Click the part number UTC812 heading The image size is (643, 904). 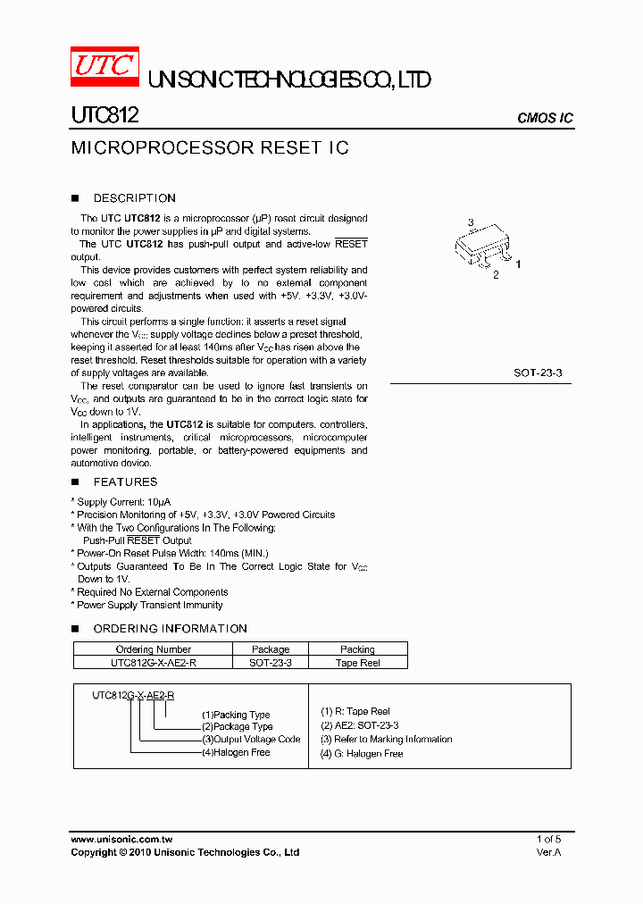(x=104, y=116)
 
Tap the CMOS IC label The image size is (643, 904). (x=545, y=119)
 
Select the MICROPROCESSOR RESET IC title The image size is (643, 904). (x=209, y=147)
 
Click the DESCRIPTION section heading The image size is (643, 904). (x=134, y=198)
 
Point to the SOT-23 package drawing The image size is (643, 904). (x=482, y=248)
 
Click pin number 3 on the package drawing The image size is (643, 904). (x=471, y=222)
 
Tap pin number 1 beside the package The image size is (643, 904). (x=518, y=264)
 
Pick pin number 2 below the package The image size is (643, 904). (x=496, y=275)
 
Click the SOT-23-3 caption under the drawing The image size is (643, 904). (x=538, y=372)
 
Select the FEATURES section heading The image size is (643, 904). (x=125, y=481)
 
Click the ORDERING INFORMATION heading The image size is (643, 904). (x=170, y=629)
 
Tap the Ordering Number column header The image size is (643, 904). (x=154, y=649)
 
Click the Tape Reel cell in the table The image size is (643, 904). (x=357, y=663)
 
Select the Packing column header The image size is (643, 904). (x=357, y=649)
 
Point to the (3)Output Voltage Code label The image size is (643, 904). (x=251, y=740)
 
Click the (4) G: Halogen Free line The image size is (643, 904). (x=362, y=754)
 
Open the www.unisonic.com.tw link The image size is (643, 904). (x=121, y=840)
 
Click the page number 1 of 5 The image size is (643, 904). (x=548, y=840)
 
